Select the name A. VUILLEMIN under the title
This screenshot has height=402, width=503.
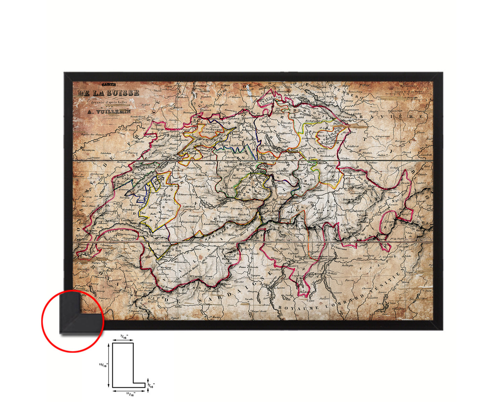click(x=109, y=112)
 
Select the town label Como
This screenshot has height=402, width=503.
click(x=310, y=300)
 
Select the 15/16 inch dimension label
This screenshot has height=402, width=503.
click(x=103, y=365)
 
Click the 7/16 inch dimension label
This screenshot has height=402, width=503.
click(x=124, y=336)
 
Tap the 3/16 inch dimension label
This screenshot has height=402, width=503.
click(x=151, y=385)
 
